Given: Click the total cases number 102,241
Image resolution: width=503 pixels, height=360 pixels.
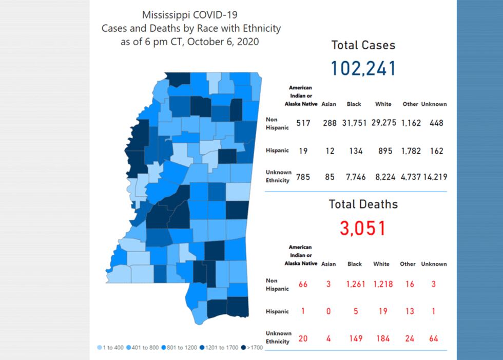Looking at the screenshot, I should (363, 68).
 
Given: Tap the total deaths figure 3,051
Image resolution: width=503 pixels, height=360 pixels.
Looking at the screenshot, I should (363, 228).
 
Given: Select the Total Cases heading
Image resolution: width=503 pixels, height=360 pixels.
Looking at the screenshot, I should (363, 45).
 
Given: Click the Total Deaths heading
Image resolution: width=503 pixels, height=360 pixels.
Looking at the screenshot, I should (363, 204).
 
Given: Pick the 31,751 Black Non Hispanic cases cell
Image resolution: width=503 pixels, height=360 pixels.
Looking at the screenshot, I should (354, 123).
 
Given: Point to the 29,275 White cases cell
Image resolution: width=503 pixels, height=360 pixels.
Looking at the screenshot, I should (383, 123).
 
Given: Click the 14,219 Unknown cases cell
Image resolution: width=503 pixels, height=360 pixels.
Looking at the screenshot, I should (434, 177).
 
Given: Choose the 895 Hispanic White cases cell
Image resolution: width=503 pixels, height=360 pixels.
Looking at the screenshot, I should (383, 151).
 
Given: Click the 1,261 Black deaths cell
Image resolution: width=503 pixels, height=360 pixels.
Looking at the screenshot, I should (355, 284).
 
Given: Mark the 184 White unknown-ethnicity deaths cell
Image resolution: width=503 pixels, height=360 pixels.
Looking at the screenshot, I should (381, 338).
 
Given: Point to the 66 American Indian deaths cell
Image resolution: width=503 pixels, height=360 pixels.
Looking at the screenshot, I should (303, 284).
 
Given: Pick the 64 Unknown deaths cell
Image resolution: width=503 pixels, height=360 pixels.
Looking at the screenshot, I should (434, 338).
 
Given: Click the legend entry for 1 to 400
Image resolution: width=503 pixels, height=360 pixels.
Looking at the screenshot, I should (110, 348).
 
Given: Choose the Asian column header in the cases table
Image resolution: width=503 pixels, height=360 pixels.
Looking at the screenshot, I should (329, 104).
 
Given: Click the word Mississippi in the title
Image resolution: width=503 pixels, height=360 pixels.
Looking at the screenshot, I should (166, 15).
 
